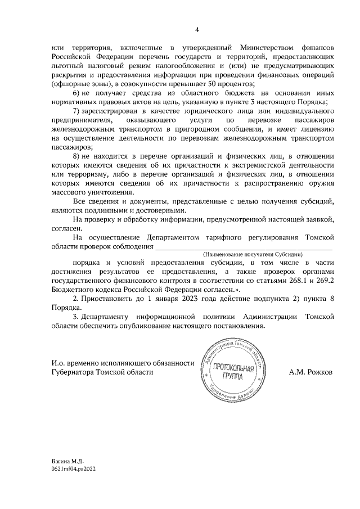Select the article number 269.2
[324, 280]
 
